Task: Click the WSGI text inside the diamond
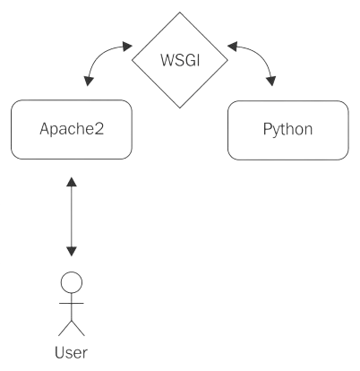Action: pos(180,60)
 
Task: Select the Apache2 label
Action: pos(72,129)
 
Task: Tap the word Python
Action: pos(287,129)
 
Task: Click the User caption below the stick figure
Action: pos(71,352)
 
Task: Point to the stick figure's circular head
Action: pos(72,282)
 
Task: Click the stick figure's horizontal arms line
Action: pos(72,303)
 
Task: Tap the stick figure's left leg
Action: pos(65,328)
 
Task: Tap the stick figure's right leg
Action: pos(78,328)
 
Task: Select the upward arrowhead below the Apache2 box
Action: pos(72,182)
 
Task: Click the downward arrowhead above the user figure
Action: pos(72,252)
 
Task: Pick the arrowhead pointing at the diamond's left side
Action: pos(127,47)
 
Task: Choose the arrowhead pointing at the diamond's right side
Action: pos(232,47)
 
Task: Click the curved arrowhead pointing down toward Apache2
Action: pos(89,82)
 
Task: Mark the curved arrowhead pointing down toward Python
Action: pos(271,81)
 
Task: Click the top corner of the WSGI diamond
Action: pos(180,13)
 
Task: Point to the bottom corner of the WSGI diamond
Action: pos(180,108)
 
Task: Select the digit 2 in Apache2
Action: pos(99,128)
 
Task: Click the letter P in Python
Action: pos(267,128)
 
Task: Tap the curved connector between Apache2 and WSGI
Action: pos(99,56)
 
